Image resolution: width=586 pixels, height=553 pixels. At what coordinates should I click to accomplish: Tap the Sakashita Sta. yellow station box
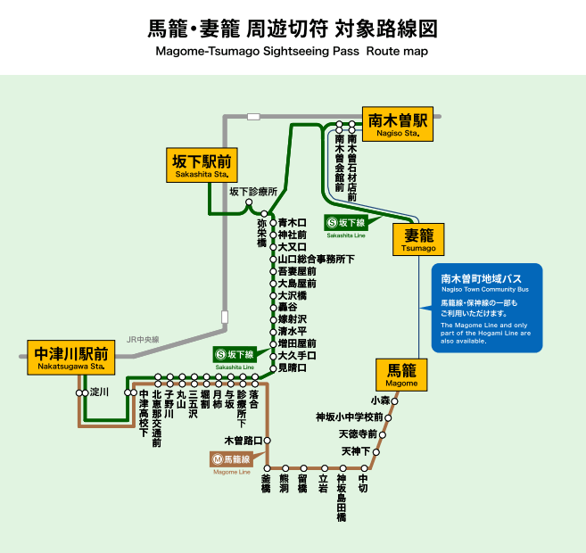202,166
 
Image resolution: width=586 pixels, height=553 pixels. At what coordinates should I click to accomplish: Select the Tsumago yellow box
419,239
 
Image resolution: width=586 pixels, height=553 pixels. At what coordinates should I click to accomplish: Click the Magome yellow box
396,374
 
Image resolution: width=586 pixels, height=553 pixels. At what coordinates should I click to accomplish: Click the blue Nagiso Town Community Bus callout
486,307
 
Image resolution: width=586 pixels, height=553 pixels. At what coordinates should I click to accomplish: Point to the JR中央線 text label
143,340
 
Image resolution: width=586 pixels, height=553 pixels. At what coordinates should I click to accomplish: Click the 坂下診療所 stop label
254,192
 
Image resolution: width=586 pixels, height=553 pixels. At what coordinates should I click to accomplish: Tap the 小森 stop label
380,400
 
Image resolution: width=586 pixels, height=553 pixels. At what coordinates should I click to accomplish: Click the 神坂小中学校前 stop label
349,417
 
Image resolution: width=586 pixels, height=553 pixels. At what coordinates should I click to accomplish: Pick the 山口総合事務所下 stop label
317,259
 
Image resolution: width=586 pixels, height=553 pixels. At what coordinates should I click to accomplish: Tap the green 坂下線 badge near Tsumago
347,223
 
